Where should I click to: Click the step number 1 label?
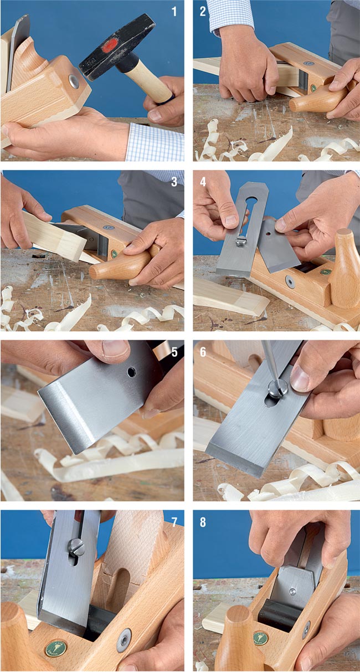tap(174, 12)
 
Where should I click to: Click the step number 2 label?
tap(203, 12)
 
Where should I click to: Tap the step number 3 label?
tap(174, 182)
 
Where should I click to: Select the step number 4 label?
tap(203, 182)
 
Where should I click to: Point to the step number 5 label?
tap(174, 352)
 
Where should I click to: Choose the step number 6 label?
tap(203, 352)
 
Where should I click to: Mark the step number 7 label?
tap(174, 522)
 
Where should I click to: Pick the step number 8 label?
tap(203, 522)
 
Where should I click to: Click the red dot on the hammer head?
tap(110, 45)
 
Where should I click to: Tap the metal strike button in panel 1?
tap(74, 81)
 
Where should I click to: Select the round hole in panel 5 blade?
tap(131, 372)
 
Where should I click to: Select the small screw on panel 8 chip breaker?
tap(292, 592)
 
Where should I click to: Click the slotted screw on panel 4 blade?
tap(240, 242)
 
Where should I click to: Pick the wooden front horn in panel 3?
tap(121, 265)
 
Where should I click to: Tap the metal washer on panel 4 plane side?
tap(290, 281)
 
